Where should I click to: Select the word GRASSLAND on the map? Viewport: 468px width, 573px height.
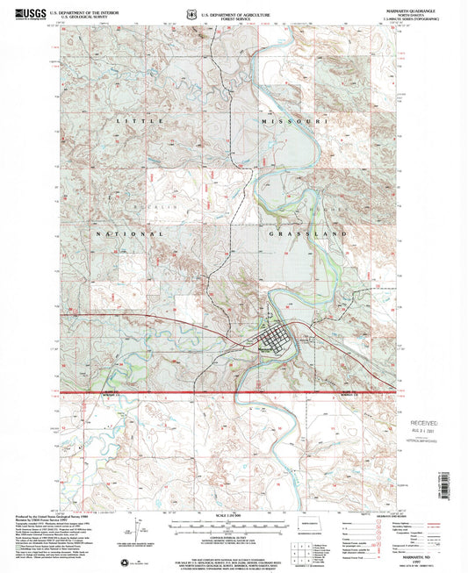pyautogui.click(x=302, y=235)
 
